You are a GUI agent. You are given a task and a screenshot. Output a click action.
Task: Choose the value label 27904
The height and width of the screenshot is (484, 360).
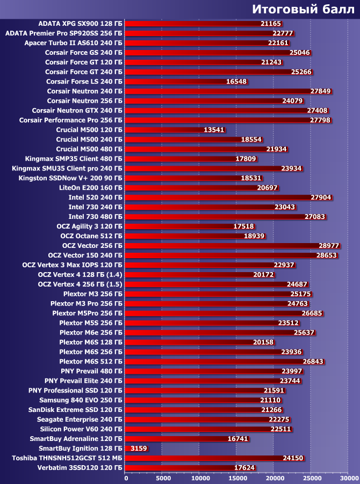coord(321,197)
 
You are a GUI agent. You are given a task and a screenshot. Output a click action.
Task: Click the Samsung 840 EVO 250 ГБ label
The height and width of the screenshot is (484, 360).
coord(81,400)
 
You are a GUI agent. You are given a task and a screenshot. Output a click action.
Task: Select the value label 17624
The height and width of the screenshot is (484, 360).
coord(245,468)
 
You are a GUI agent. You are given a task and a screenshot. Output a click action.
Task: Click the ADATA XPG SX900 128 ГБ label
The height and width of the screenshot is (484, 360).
coord(81,24)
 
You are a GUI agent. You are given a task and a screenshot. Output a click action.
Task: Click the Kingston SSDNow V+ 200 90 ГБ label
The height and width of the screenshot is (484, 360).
coord(70,177)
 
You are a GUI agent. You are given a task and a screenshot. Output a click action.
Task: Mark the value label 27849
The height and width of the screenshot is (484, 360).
coord(321,91)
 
